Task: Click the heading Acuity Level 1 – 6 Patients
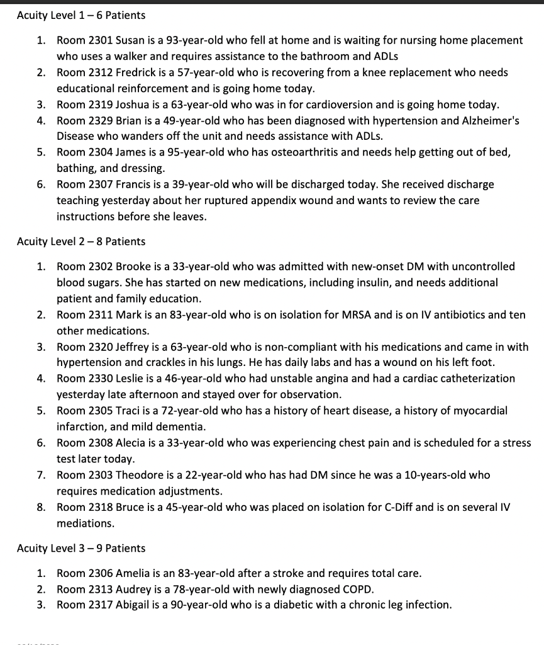(x=80, y=14)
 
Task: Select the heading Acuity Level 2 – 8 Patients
(x=80, y=241)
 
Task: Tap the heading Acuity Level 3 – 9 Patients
(x=80, y=548)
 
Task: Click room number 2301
(x=99, y=40)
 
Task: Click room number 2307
(x=99, y=185)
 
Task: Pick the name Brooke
(x=133, y=266)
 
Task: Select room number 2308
(x=99, y=443)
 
